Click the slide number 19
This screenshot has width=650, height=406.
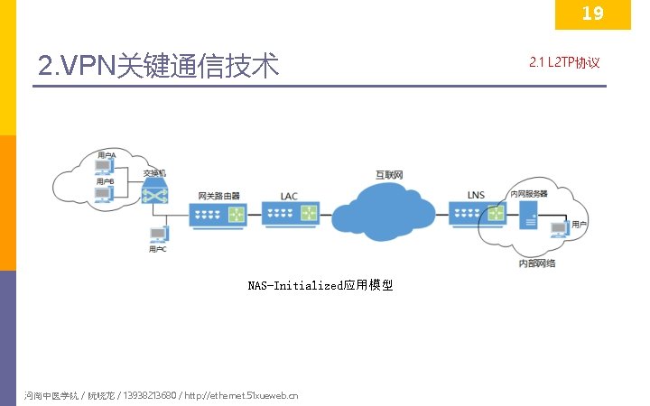tap(592, 14)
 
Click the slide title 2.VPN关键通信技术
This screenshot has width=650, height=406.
tap(159, 65)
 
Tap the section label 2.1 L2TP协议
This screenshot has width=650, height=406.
tap(563, 62)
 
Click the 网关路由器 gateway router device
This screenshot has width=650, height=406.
tap(218, 215)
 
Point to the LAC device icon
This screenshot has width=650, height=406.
tap(289, 215)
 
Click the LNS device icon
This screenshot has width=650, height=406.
tap(476, 214)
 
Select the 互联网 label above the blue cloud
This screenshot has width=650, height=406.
tap(389, 173)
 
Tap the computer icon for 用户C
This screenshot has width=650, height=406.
tap(158, 235)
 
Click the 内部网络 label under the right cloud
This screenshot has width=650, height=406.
tap(536, 263)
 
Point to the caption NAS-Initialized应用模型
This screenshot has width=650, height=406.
tap(320, 286)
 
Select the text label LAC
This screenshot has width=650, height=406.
tap(289, 196)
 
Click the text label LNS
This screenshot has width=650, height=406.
tap(476, 195)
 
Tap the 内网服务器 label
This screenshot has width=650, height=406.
tap(529, 194)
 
